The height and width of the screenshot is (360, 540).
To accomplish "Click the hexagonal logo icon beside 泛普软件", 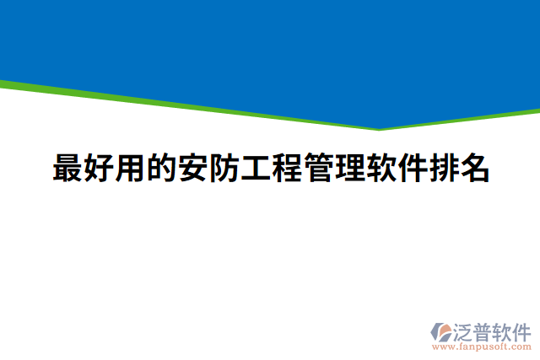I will pos(442,330).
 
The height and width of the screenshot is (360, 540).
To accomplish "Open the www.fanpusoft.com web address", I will pos(481,347).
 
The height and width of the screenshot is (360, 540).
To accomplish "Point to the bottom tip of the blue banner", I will pos(379,128).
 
